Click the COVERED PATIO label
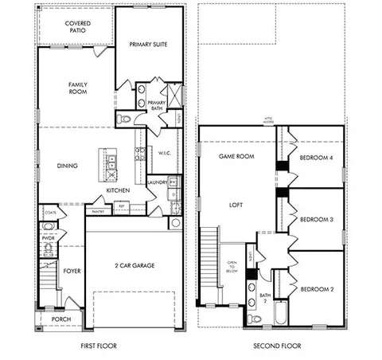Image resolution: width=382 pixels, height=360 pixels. pos(77,27)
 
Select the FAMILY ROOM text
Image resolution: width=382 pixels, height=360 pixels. pos(77,88)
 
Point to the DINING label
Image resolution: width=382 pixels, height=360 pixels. pos(67,166)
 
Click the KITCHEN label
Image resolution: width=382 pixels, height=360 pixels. pos(119,190)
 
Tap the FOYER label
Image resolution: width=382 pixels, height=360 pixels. pos(72,271)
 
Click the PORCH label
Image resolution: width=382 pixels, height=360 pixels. pos(61,319)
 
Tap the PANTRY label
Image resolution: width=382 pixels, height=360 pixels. pos(98,212)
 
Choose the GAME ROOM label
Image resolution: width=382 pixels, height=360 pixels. pos(236,156)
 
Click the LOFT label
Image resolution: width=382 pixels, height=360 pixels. pos(236,205)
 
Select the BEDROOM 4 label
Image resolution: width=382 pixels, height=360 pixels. pos(315,158)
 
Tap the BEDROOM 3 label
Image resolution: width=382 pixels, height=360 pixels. pos(315,218)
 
